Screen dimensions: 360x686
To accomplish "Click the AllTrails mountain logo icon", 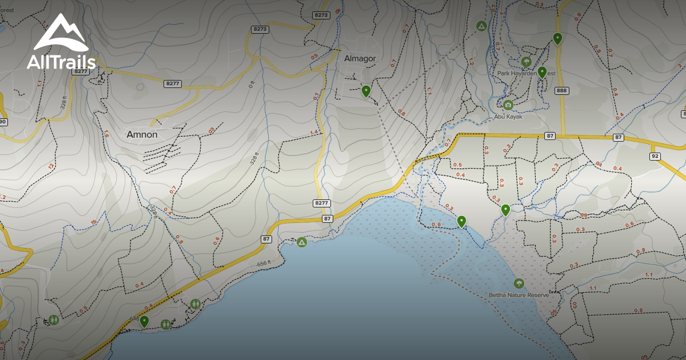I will pos(61,33).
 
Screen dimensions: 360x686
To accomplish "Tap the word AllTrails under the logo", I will pos(61,61).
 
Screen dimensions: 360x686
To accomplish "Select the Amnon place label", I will pos(142,135).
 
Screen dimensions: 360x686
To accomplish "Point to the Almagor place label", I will pos(360,58).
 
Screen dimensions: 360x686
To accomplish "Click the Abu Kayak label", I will pos(508,116).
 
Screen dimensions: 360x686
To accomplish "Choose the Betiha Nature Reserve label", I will pos(519,295).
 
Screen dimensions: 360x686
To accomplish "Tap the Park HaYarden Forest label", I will pos(527,73).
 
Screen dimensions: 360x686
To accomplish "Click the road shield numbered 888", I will pos(561,90).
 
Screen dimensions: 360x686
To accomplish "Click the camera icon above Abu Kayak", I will pos(508,105).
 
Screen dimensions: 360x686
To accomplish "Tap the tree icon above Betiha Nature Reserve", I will pos(519,283).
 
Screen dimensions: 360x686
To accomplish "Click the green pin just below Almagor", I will pos(366,90).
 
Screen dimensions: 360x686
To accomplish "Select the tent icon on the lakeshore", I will pos(301,242).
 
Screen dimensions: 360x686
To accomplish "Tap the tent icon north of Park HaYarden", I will pos(481,26).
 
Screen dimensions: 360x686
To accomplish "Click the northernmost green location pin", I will pos(557,38).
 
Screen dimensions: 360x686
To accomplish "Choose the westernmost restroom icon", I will pos(53,319).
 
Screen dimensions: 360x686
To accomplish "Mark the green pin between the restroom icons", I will pos(144,321).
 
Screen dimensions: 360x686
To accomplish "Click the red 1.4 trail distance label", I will pos(313,133).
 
